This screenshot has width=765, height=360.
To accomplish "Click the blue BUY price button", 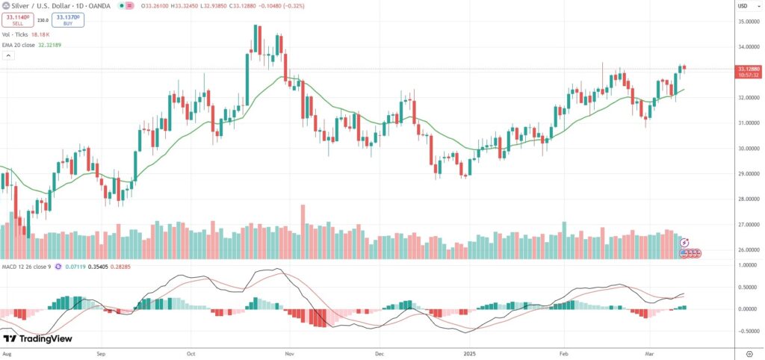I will pyautogui.click(x=68, y=20).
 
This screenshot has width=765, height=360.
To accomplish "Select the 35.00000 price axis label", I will pyautogui.click(x=749, y=22).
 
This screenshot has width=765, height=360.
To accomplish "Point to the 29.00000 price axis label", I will pyautogui.click(x=749, y=174).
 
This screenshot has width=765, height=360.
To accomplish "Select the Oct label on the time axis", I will pyautogui.click(x=191, y=350).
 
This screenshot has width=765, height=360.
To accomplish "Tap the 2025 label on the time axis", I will pyautogui.click(x=469, y=350).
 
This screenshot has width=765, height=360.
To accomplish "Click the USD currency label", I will pyautogui.click(x=743, y=6).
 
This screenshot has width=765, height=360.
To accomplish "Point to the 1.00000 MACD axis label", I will pyautogui.click(x=749, y=265).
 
